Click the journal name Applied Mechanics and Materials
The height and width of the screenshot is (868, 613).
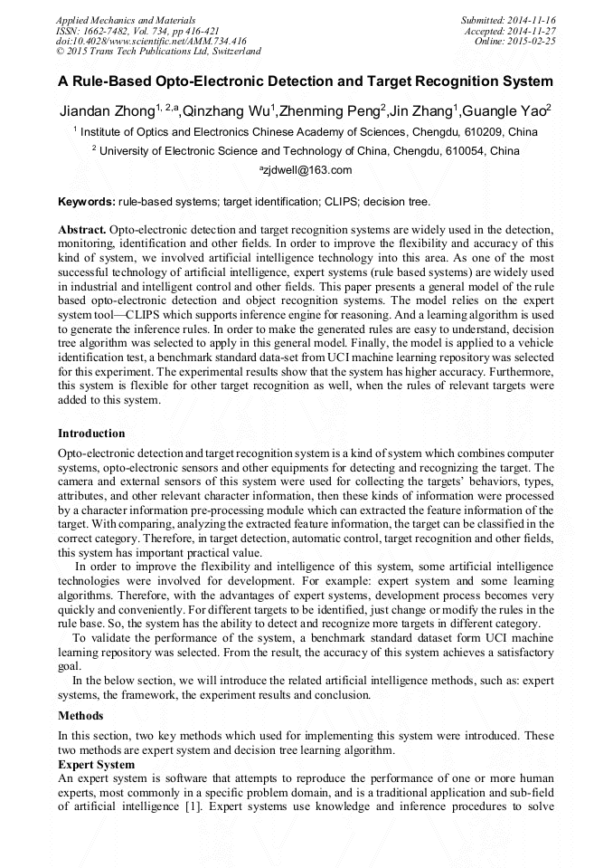tap(126, 19)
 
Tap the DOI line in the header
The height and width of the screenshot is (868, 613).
tap(151, 41)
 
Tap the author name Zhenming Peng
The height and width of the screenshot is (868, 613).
tap(330, 112)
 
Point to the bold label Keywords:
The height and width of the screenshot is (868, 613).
tap(86, 201)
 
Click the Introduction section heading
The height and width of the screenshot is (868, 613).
tap(91, 434)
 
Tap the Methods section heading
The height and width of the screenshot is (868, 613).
tap(80, 716)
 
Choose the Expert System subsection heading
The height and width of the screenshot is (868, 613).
tap(96, 765)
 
